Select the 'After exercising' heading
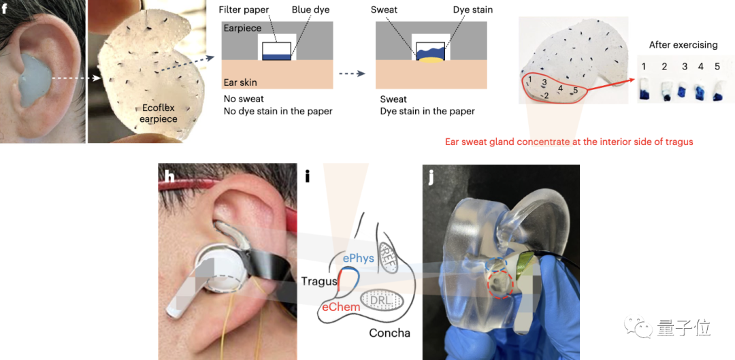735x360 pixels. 683,45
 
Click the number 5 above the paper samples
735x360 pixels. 717,67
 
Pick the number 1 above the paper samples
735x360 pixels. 643,67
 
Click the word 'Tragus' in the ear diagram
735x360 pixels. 319,280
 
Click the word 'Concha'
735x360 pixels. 390,333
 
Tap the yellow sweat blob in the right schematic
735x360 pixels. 429,61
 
